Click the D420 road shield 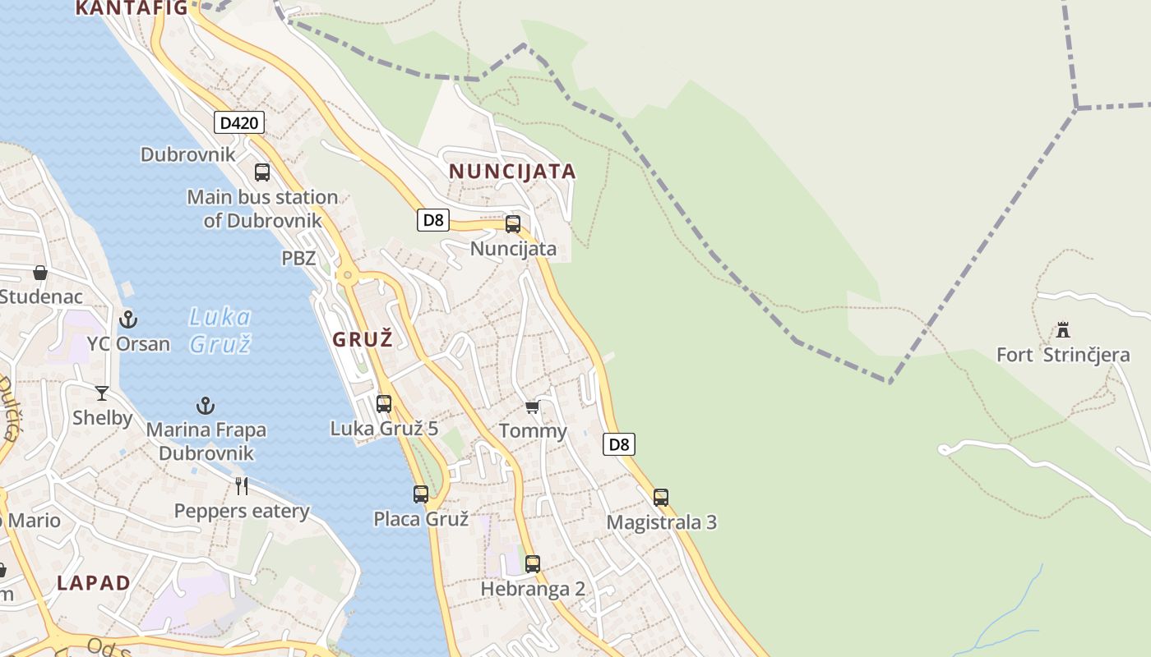click(239, 123)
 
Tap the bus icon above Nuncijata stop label click(513, 223)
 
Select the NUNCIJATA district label click(511, 172)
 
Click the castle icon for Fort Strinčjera click(1063, 330)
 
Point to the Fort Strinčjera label click(1062, 356)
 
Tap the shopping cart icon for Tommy click(533, 407)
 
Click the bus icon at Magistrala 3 click(661, 497)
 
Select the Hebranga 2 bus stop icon click(533, 563)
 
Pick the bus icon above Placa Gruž click(421, 494)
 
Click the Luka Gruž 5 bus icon click(384, 403)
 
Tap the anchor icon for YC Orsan click(128, 319)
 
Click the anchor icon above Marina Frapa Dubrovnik click(206, 405)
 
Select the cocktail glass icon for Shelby click(102, 393)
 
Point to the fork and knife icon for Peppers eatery click(242, 486)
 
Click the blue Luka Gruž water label click(220, 329)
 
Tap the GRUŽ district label click(363, 338)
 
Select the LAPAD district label click(94, 583)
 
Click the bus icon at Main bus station click(262, 172)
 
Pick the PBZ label click(298, 258)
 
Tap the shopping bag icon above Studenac click(40, 273)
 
